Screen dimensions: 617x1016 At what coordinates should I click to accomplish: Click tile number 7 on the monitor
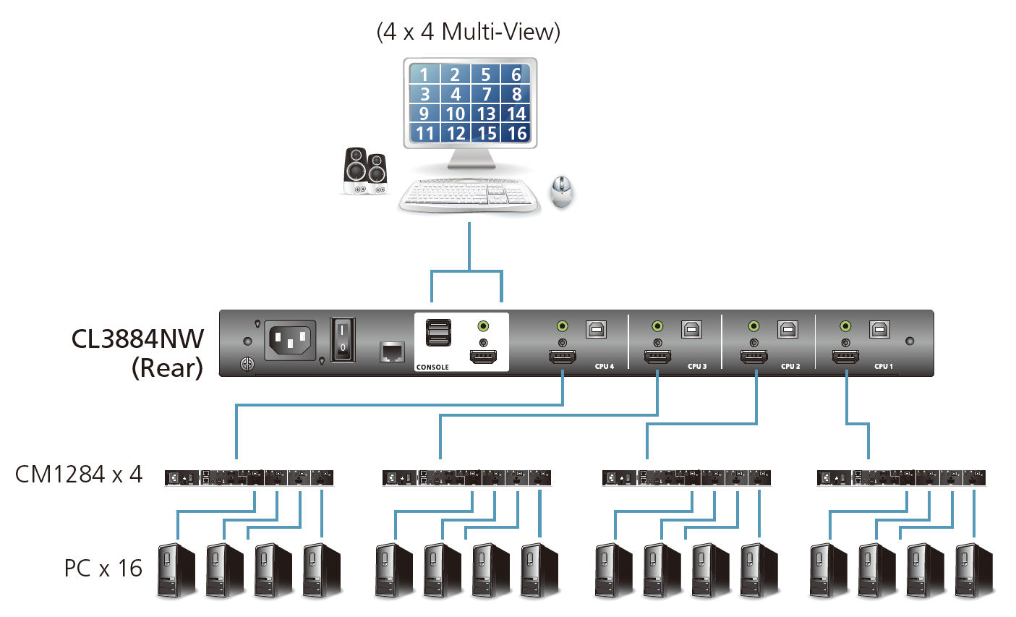486,94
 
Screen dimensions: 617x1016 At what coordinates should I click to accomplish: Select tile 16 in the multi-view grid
516,133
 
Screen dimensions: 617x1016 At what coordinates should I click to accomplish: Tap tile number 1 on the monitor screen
424,75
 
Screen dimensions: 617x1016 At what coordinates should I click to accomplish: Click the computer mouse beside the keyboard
562,192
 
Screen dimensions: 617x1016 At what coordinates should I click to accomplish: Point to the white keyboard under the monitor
469,195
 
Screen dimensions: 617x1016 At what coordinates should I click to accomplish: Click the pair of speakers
364,171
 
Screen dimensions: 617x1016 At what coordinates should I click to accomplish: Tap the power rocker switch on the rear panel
343,340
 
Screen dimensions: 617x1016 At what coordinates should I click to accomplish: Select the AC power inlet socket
291,339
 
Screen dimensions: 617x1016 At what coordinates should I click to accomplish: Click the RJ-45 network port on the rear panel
392,352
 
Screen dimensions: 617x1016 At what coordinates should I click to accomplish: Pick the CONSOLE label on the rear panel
432,367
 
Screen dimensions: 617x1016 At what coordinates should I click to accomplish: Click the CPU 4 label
605,367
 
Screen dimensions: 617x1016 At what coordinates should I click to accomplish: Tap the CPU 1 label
884,367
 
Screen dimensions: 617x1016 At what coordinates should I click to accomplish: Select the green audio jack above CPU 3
657,327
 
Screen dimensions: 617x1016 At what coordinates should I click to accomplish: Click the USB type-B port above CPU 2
787,329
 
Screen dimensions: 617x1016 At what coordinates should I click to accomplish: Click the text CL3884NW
137,339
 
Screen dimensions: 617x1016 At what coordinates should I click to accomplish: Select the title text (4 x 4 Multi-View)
469,32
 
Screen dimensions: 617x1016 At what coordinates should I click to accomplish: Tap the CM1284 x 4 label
79,475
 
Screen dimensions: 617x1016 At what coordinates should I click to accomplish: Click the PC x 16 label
103,569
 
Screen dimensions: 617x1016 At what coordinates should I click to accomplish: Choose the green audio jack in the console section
483,326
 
